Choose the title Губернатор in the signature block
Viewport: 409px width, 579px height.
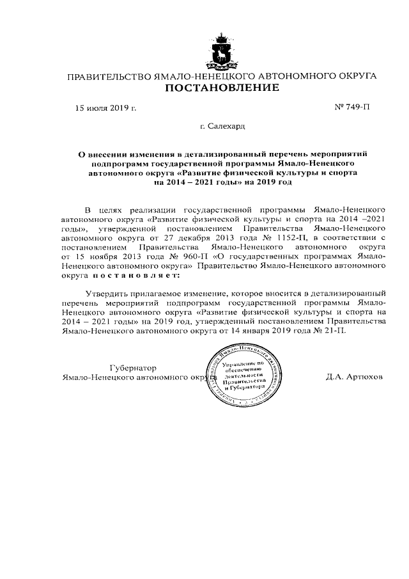(x=133, y=368)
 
